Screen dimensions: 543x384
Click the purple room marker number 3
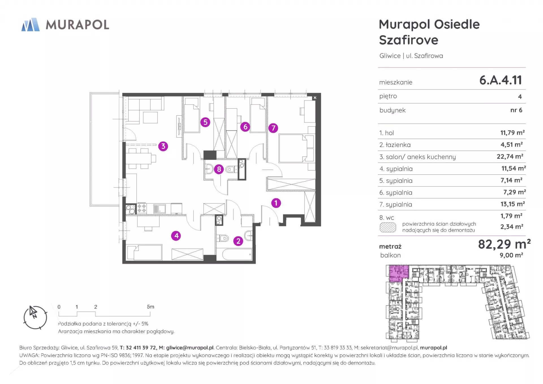coord(163,146)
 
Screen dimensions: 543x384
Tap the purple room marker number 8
coord(219,169)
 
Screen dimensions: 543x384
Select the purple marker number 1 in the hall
coord(276,203)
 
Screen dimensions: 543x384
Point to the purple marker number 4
coord(176,236)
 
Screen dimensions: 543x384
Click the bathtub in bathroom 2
coord(237,254)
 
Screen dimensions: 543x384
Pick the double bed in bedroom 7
coord(293,148)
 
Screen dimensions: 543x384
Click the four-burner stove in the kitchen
coord(142,209)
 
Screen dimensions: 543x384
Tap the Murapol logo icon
coord(31,25)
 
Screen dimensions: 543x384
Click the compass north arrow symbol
coord(33,312)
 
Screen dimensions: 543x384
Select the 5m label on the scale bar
coord(150,307)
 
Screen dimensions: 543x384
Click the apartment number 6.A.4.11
coord(501,80)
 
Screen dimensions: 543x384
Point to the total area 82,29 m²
coord(504,244)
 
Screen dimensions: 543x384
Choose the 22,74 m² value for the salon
coord(510,156)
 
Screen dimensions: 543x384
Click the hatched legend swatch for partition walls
coord(388,227)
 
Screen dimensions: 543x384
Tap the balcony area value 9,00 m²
coord(511,255)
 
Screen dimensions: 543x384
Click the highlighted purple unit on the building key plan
coord(398,273)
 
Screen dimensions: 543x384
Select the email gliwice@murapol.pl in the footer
coord(190,348)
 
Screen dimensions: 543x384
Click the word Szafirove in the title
coord(409,40)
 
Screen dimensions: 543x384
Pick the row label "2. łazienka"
coord(395,145)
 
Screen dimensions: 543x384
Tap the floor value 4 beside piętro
coord(520,96)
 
